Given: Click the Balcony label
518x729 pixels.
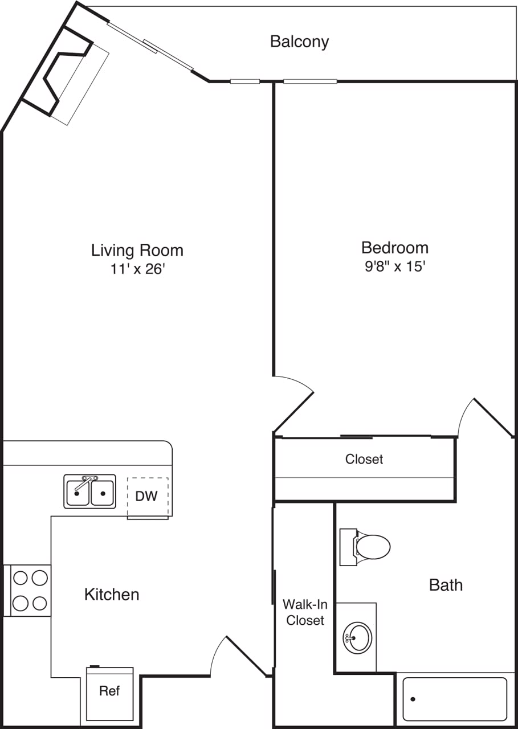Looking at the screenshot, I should click(x=299, y=42).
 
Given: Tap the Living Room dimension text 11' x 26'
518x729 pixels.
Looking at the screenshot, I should click(x=137, y=269).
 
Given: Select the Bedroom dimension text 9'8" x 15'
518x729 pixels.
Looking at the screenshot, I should click(x=395, y=267).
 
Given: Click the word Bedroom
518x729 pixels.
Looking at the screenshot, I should click(x=395, y=248).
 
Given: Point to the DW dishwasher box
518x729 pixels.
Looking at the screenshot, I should click(x=147, y=497).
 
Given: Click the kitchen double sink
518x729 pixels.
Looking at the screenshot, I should click(x=89, y=492).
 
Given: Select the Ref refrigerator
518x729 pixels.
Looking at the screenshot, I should click(x=109, y=692).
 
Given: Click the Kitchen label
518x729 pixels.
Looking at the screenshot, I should click(x=112, y=595).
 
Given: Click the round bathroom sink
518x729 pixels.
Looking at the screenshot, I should click(x=357, y=638).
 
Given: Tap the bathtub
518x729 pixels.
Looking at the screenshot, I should click(x=454, y=699).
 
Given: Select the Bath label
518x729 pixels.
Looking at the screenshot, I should click(x=446, y=585).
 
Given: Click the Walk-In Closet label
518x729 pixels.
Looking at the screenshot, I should click(x=305, y=612).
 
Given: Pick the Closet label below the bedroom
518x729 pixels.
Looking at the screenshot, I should click(x=364, y=459).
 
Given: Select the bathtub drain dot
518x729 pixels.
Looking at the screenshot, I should click(x=413, y=699).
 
